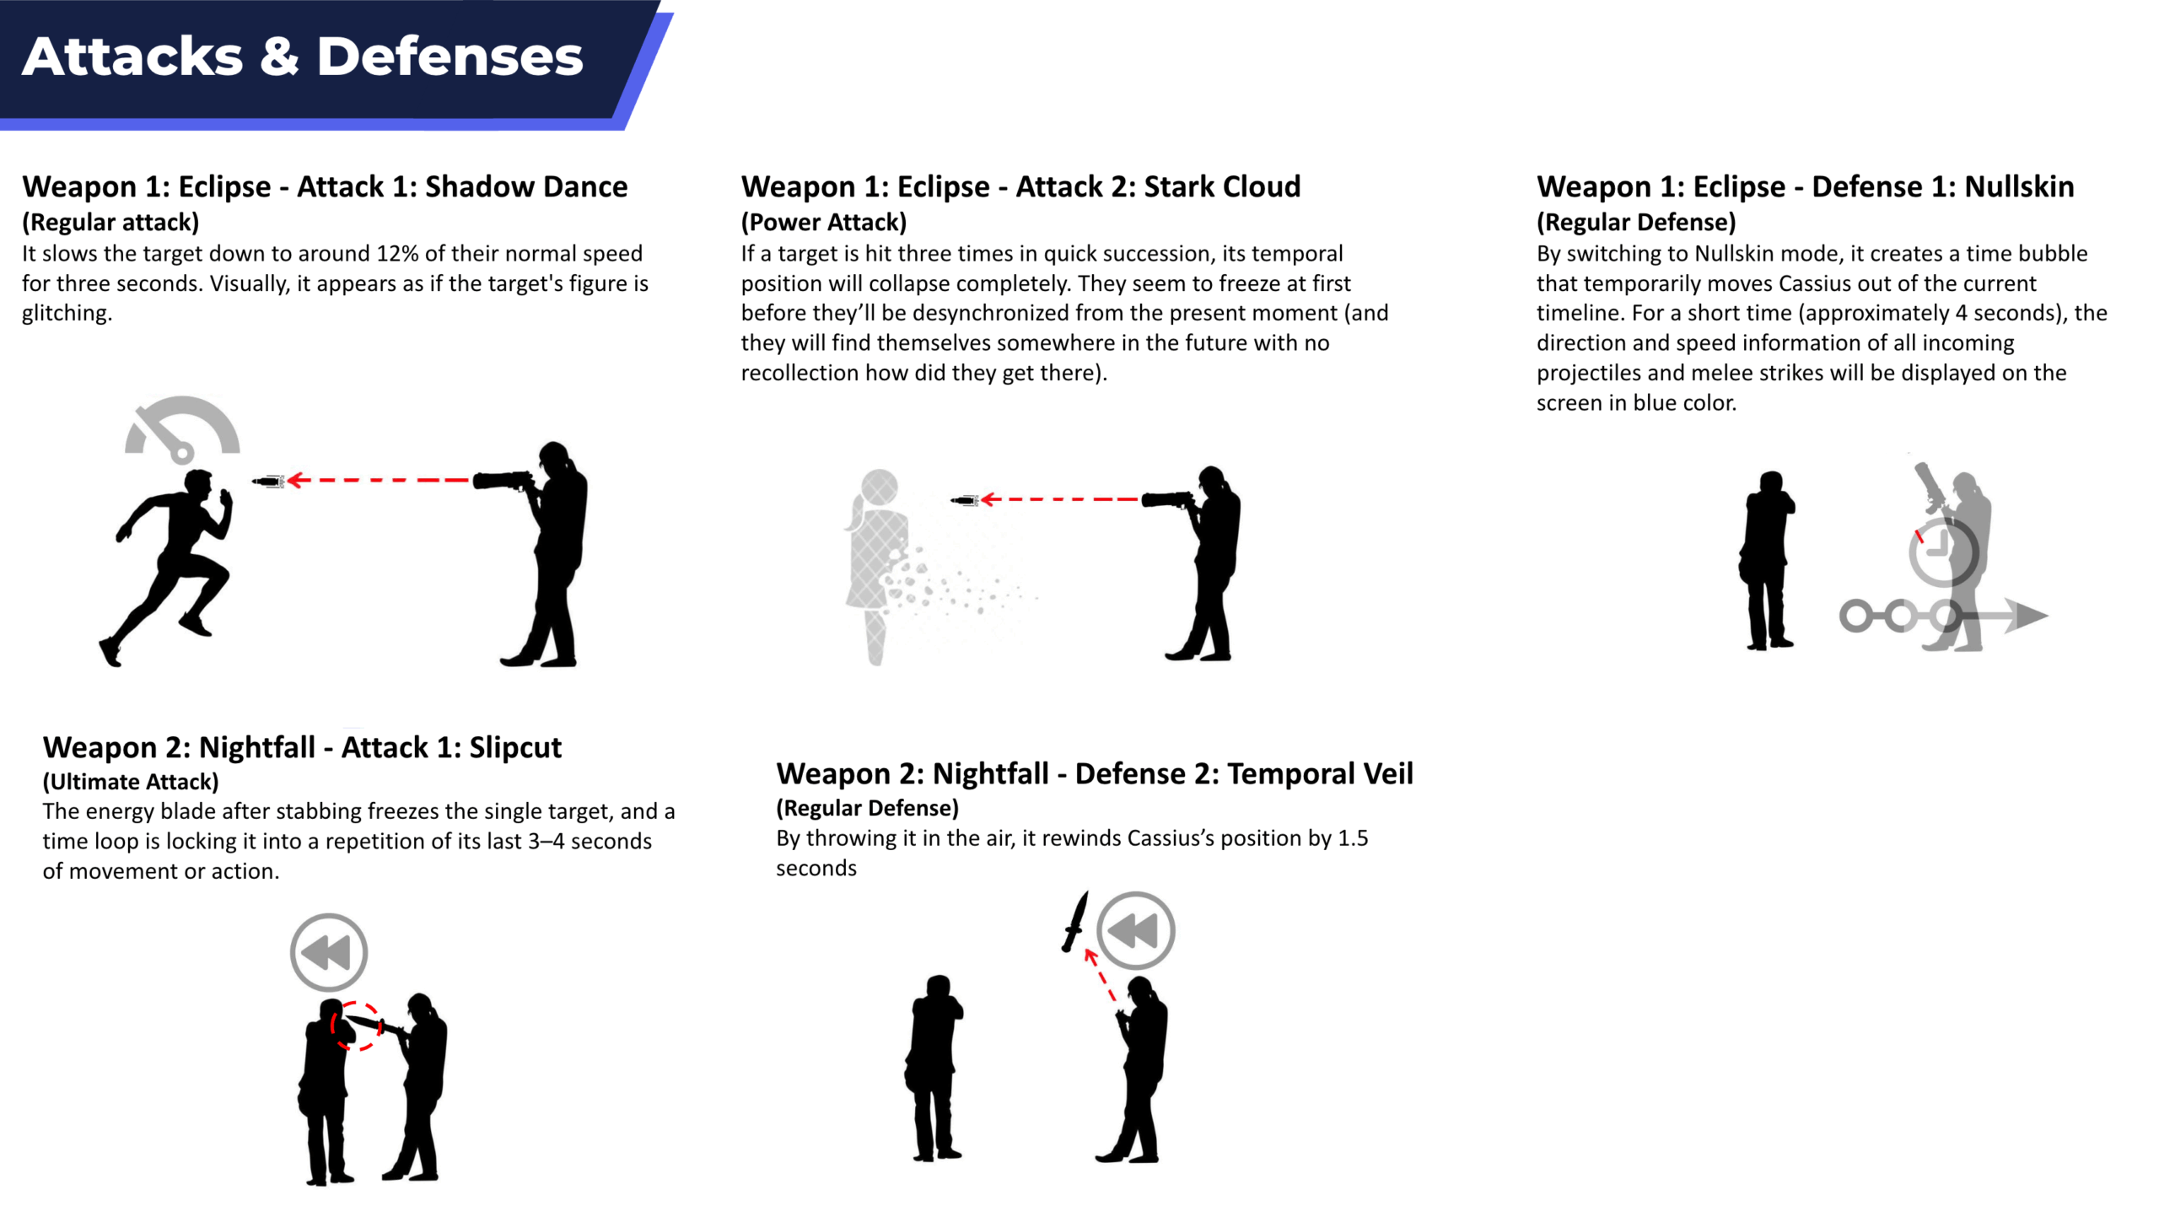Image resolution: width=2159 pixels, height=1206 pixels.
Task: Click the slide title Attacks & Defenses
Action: click(303, 57)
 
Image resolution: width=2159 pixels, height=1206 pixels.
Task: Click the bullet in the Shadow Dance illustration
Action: click(268, 482)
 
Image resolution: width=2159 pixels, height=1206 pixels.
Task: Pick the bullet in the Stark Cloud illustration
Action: click(964, 501)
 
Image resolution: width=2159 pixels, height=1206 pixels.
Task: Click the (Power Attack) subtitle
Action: click(824, 222)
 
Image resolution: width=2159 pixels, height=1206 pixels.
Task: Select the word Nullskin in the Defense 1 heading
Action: click(2019, 186)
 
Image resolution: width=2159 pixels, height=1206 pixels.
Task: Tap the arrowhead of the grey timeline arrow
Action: click(2026, 616)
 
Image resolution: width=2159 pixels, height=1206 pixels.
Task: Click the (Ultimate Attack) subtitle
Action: click(131, 782)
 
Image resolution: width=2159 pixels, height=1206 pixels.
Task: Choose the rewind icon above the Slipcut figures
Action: click(329, 952)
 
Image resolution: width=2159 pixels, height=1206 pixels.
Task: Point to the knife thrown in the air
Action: click(1075, 921)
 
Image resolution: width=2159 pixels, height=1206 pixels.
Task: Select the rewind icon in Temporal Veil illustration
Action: click(1136, 930)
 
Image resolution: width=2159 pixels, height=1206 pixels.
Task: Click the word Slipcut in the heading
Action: click(515, 747)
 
